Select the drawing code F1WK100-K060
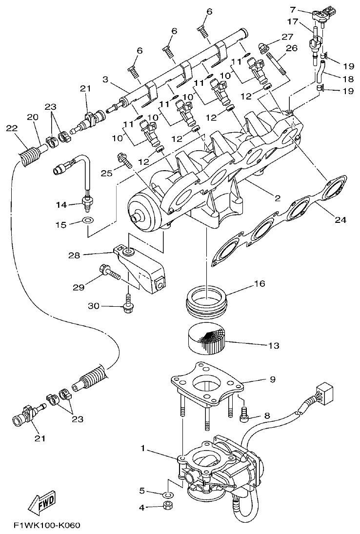point(46,526)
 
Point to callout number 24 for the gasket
point(340,220)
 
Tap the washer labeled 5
point(167,495)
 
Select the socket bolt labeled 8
point(246,415)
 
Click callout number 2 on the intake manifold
point(277,198)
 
